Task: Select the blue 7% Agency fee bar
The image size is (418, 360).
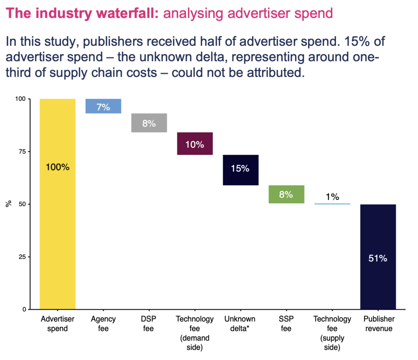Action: (x=103, y=106)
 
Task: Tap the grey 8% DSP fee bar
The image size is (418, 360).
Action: (x=149, y=123)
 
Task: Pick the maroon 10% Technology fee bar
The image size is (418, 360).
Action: (x=195, y=144)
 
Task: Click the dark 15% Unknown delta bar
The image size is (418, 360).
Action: (x=240, y=170)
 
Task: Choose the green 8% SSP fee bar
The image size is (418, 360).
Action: (x=286, y=194)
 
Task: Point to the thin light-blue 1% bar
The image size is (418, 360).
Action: (x=332, y=204)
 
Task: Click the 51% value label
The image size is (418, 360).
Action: (x=378, y=258)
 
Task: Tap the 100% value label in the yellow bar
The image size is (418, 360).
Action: (x=58, y=167)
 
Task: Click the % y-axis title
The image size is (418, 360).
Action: (x=8, y=204)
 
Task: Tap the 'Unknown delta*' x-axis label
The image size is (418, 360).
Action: (x=240, y=323)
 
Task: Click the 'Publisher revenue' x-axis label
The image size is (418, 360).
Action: (x=378, y=323)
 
